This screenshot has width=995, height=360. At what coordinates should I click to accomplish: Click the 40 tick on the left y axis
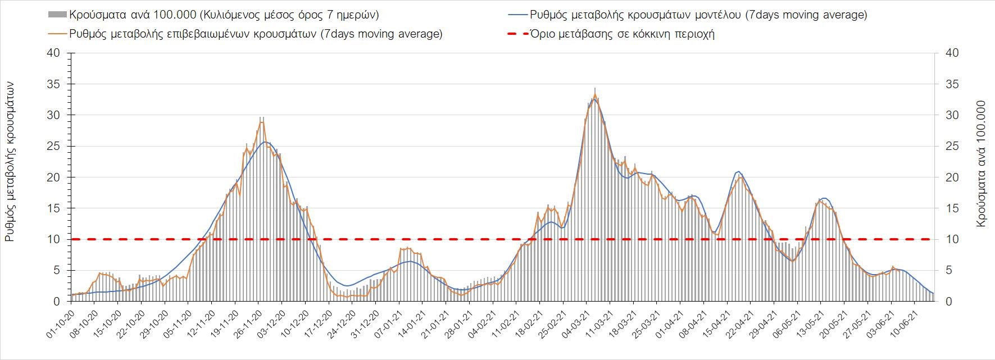pos(54,53)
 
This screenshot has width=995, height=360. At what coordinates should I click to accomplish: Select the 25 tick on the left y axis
pos(54,146)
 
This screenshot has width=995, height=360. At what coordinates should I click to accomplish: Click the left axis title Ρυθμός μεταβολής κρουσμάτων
pos(10,161)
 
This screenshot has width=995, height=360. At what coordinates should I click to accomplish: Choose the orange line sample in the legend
pos(57,34)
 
